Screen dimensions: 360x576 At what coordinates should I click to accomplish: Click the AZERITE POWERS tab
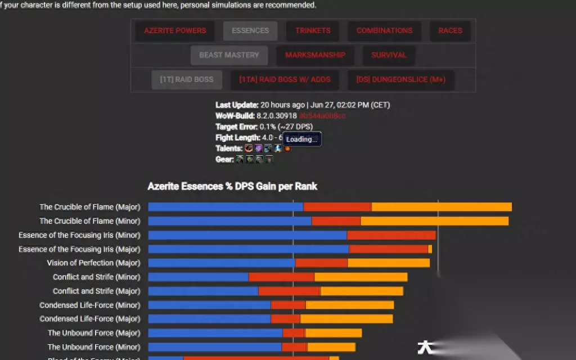(175, 30)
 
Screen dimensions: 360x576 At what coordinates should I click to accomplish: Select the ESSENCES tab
(250, 30)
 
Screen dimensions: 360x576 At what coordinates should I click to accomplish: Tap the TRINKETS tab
(313, 30)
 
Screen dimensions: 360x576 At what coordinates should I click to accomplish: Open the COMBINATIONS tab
(384, 30)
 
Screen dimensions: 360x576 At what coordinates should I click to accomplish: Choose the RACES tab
(450, 30)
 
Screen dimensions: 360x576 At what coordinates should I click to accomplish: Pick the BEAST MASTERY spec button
(229, 55)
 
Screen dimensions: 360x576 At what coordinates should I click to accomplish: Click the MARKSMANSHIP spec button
(315, 55)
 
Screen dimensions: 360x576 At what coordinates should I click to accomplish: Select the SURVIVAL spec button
(389, 55)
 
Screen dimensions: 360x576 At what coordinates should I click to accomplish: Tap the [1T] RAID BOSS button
(187, 80)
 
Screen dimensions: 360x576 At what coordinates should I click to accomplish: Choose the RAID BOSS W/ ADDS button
(285, 80)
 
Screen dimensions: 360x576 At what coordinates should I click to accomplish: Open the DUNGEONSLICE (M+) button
(400, 80)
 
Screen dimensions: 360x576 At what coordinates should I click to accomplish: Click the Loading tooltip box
(302, 139)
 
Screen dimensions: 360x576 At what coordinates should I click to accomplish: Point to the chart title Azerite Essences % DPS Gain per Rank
(232, 186)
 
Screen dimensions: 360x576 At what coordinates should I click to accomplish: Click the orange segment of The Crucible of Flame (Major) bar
(442, 207)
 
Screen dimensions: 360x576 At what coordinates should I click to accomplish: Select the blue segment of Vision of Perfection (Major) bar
(222, 263)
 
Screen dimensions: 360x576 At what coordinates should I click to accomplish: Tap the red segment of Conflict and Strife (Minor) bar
(281, 277)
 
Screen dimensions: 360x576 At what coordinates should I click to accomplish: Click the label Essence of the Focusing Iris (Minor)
(79, 235)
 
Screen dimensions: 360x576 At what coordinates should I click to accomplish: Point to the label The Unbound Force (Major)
(94, 333)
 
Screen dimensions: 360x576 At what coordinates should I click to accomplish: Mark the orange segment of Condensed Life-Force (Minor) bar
(349, 305)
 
